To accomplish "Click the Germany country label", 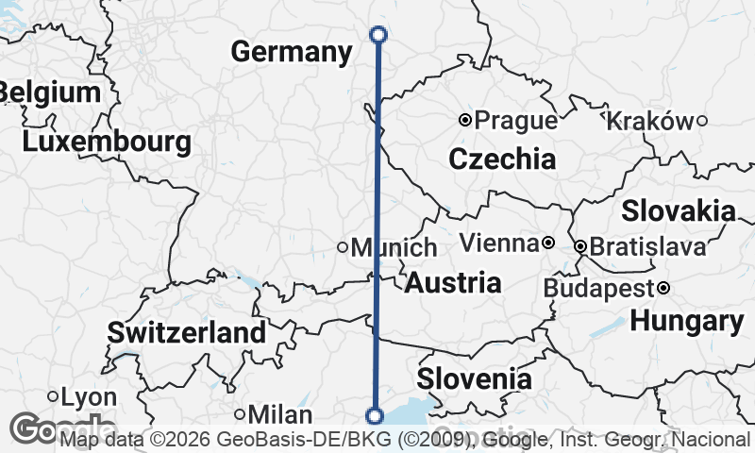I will point(291,52).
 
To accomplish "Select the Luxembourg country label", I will point(107,143).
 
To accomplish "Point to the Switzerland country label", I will point(186,332).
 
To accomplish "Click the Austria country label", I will point(453,282).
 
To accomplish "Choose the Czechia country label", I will point(502,159).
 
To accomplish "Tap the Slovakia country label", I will point(678,210).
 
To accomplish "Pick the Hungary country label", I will point(687,321).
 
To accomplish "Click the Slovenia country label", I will point(474,379).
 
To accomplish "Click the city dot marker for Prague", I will point(465,120).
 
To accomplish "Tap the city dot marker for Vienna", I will point(547,243).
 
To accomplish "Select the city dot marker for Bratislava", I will point(580,247).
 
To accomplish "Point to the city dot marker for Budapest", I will point(663,288).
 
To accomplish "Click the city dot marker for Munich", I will point(343,248).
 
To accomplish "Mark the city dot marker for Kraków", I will point(702,120).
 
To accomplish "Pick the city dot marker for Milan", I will point(241,414).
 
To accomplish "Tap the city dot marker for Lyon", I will point(53,396).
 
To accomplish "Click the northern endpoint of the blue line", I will point(378,35).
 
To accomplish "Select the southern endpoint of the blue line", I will point(375,415).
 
